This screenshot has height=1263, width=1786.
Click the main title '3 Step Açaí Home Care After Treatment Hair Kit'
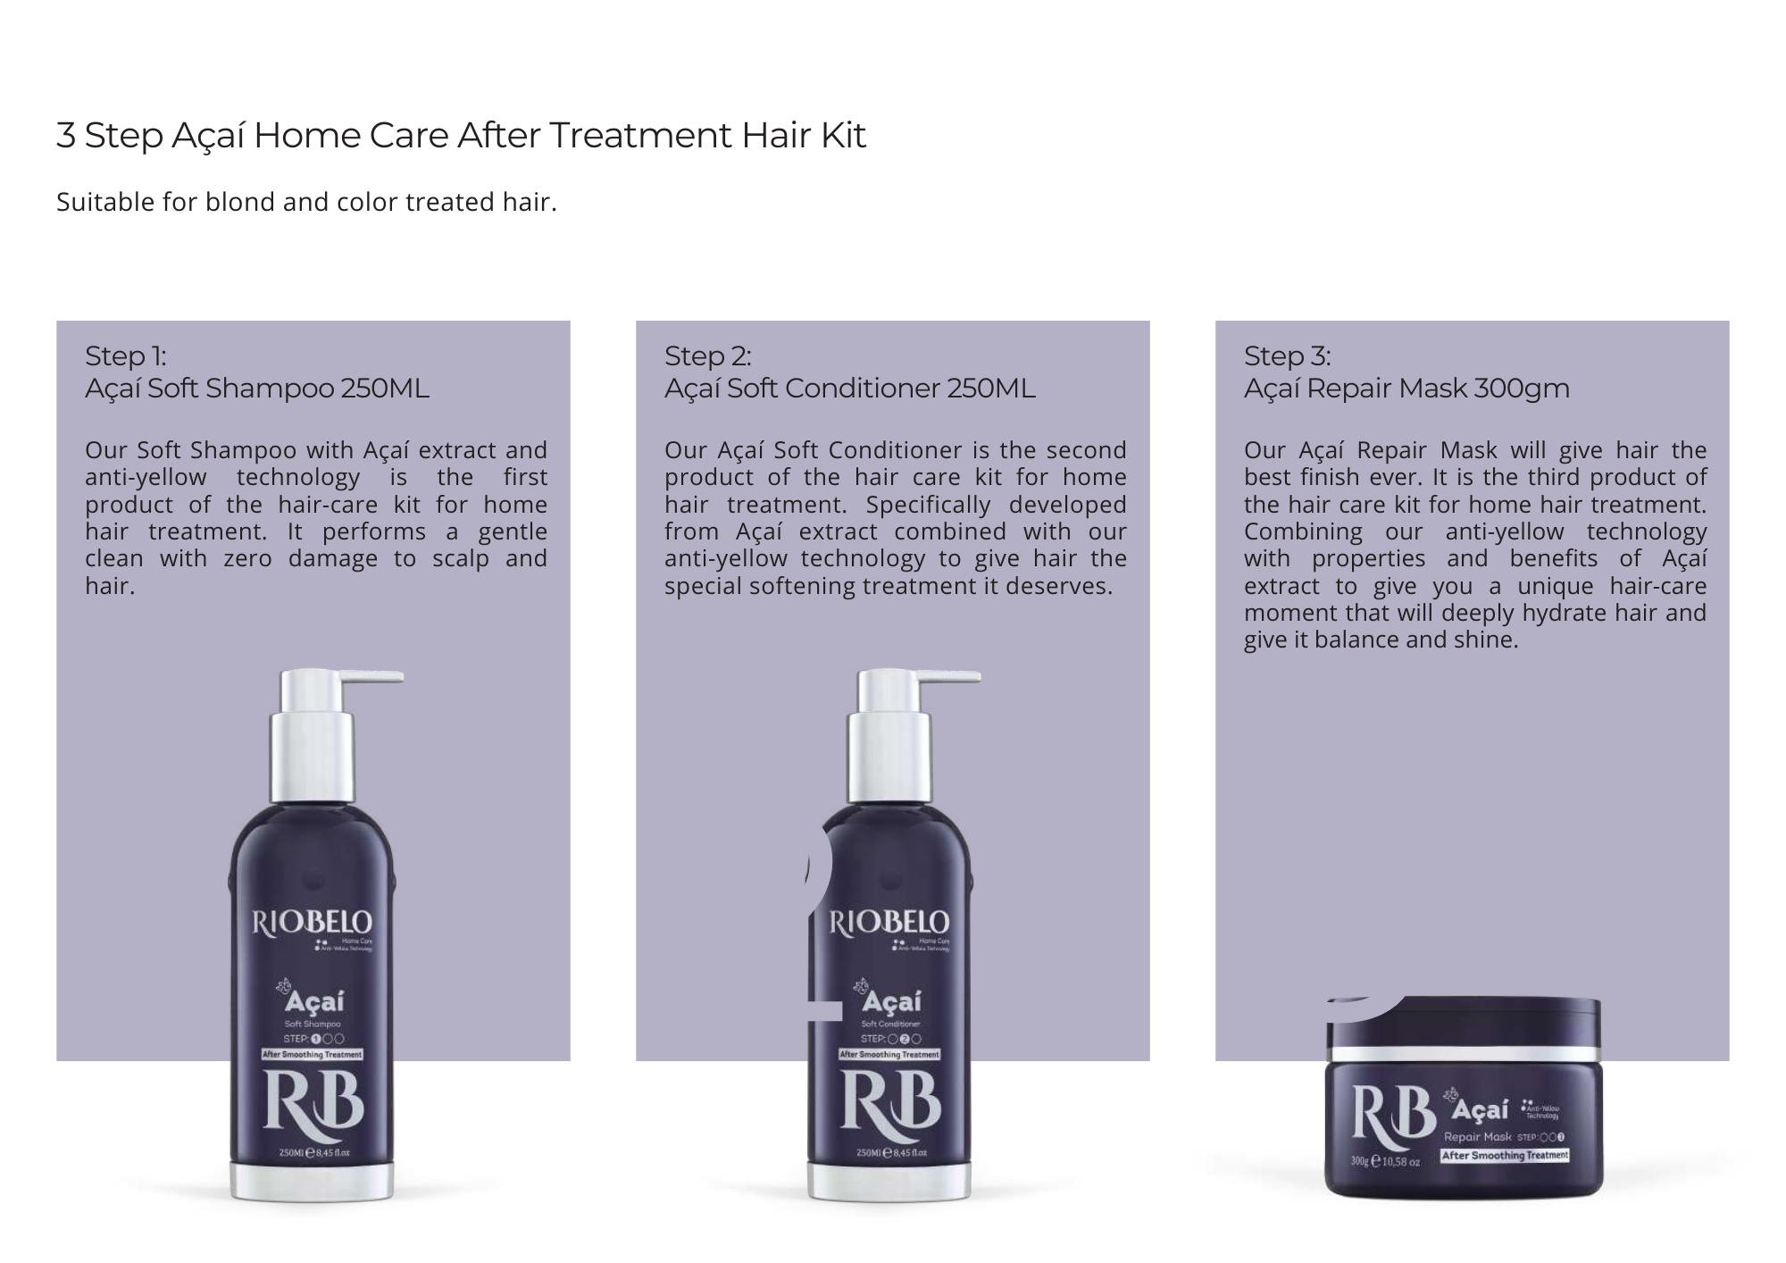click(x=461, y=136)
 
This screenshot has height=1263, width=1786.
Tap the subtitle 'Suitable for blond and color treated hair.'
click(x=306, y=202)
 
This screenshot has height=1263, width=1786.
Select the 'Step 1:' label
click(x=126, y=355)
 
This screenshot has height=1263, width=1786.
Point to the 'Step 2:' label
click(x=707, y=355)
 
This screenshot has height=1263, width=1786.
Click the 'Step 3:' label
click(x=1287, y=355)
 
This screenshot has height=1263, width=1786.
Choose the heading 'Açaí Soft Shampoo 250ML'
click(x=257, y=389)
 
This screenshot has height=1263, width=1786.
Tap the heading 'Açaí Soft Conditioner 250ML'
click(x=849, y=389)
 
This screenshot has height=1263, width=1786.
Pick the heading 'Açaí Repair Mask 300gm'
click(x=1406, y=389)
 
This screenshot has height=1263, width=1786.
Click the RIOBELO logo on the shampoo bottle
click(x=312, y=922)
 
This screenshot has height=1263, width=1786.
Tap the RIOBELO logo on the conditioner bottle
click(x=889, y=922)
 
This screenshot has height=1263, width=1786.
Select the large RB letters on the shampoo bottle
click(x=313, y=1104)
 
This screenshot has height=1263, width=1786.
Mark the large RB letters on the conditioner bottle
click(x=890, y=1104)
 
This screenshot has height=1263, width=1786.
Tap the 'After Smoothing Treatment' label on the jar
click(x=1505, y=1155)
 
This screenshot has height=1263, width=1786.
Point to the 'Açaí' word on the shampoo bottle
click(x=314, y=1002)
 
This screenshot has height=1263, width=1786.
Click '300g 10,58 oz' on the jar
click(x=1384, y=1162)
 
